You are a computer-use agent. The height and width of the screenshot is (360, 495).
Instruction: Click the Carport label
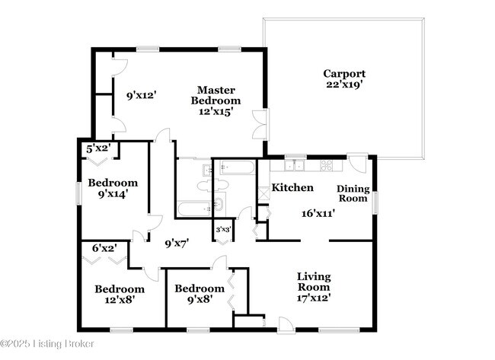(x=344, y=74)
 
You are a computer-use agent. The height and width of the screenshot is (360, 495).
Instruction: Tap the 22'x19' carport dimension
(x=344, y=85)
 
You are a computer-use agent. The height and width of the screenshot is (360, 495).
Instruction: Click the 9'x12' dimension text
(x=140, y=96)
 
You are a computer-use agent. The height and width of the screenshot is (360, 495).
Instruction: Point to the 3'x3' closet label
(x=223, y=229)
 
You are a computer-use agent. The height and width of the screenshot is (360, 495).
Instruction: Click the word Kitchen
(x=292, y=187)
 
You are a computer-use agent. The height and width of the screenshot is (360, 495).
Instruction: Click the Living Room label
(x=313, y=282)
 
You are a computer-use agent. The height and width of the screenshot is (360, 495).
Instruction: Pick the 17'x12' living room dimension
(x=313, y=298)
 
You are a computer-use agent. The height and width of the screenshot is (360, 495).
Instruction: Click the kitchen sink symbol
(x=293, y=164)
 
